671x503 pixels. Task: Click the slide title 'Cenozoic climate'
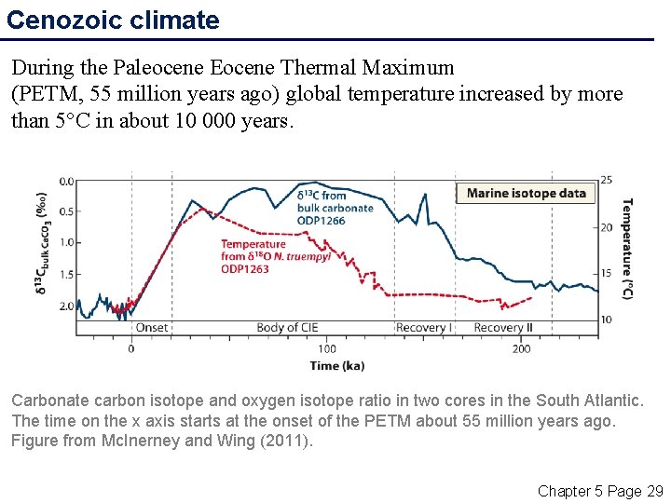(113, 20)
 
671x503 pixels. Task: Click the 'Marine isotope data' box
(526, 193)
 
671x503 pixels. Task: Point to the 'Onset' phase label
(152, 328)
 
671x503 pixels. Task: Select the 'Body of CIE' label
(287, 328)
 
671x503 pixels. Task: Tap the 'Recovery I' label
(424, 328)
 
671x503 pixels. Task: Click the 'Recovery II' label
(503, 328)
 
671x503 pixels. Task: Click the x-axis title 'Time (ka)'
(337, 365)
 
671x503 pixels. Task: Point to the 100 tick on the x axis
(326, 348)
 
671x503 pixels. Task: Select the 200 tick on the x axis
(522, 348)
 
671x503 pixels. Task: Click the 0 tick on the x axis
(131, 348)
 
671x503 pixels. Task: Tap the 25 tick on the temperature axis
(606, 180)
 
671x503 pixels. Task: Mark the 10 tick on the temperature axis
(606, 319)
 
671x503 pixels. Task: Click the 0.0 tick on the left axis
(66, 181)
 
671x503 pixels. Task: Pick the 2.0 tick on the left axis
(66, 306)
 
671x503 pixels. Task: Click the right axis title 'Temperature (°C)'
(627, 248)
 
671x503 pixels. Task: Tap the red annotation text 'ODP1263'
(245, 269)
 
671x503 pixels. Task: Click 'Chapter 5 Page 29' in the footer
(600, 490)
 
